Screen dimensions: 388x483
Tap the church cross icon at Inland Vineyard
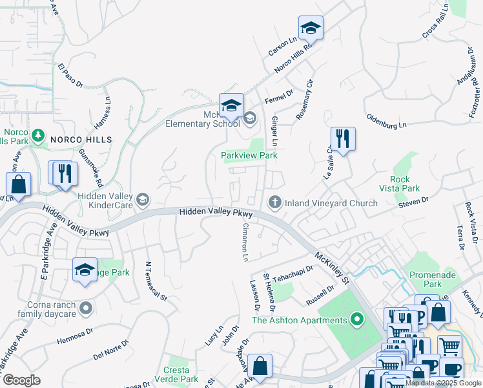click(x=275, y=203)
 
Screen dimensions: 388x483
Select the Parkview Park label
click(x=249, y=156)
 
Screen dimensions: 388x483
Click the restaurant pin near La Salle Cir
click(x=343, y=138)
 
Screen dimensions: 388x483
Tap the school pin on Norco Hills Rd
click(x=311, y=28)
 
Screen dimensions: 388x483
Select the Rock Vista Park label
click(x=406, y=184)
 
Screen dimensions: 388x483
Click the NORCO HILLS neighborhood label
click(x=82, y=140)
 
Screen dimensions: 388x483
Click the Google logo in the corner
click(x=21, y=380)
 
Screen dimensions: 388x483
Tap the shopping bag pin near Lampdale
click(x=260, y=366)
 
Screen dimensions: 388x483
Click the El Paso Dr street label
click(x=70, y=76)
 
